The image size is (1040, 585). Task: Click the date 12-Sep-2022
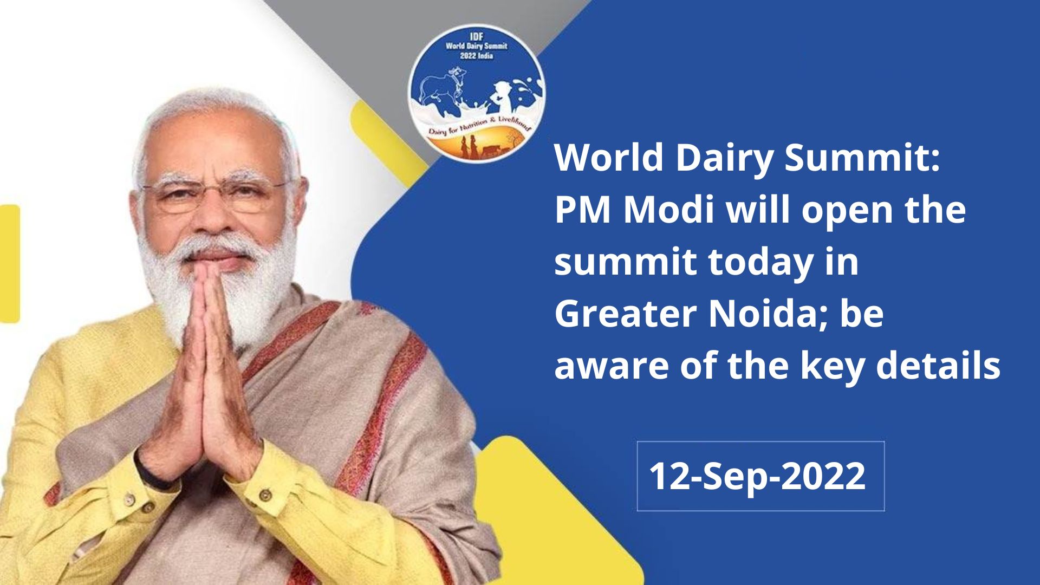(x=757, y=476)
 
